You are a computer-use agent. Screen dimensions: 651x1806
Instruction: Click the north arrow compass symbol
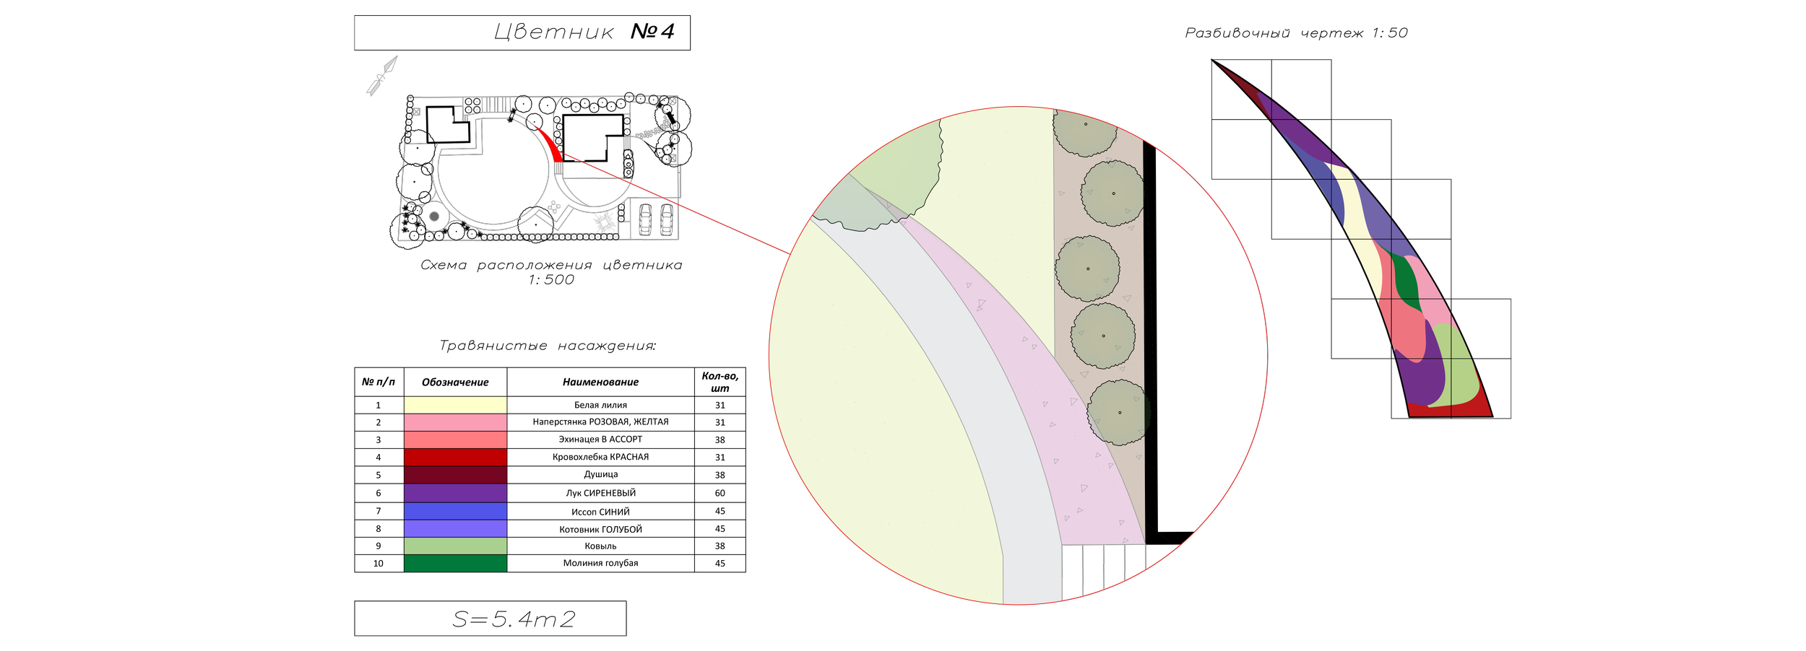tap(382, 75)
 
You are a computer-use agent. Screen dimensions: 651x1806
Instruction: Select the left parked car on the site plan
tap(645, 219)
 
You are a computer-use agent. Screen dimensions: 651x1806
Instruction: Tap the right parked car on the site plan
tap(666, 219)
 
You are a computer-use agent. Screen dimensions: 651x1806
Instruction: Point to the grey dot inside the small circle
tap(434, 216)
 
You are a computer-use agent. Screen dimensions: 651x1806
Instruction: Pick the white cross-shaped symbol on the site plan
tap(554, 208)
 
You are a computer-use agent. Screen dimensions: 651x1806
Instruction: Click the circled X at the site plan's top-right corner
tap(673, 102)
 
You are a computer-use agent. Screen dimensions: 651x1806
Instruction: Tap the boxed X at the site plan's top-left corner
tap(416, 112)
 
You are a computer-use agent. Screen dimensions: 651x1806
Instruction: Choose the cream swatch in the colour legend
tap(455, 404)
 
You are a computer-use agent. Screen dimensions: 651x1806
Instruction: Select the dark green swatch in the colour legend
tap(455, 563)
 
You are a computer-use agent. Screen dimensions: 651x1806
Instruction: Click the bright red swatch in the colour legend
tap(455, 457)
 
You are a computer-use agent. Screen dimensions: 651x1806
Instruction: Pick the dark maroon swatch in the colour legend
tap(455, 475)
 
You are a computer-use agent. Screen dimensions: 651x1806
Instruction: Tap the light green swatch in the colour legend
tap(455, 546)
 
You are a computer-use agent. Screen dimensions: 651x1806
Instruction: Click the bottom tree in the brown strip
tap(1118, 413)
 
